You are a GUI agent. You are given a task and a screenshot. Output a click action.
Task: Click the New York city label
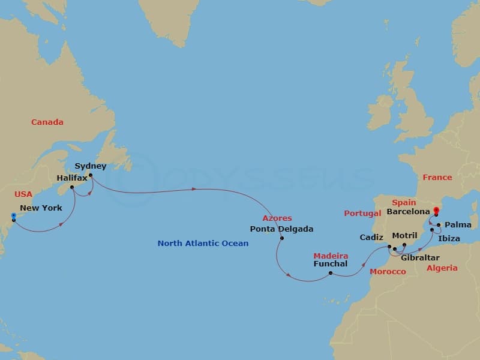41,208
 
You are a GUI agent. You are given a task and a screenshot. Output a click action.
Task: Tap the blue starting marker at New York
13,215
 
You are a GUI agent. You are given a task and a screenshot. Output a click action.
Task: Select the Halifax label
72,178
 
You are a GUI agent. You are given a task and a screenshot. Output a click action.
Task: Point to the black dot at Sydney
90,176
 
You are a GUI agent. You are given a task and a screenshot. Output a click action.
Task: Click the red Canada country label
47,122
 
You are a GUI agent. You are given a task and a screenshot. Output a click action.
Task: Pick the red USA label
23,195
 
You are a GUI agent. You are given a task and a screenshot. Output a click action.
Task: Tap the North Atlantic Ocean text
203,244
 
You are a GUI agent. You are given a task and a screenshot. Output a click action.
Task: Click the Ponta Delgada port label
281,229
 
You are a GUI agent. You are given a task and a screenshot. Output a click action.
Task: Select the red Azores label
277,218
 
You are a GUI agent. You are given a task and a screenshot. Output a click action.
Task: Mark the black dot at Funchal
331,274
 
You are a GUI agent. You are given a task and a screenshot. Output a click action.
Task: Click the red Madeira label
331,256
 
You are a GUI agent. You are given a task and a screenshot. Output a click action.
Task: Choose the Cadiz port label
371,238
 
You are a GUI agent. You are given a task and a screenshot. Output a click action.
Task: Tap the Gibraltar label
419,257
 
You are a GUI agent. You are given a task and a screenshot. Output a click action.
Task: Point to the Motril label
404,236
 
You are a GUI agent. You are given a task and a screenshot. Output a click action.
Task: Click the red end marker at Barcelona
436,210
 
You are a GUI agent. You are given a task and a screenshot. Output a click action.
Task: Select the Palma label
460,226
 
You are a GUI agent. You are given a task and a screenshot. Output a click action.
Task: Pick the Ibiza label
449,239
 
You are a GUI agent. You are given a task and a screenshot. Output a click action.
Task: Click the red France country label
437,178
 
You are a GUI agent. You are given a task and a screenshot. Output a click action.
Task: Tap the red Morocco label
387,272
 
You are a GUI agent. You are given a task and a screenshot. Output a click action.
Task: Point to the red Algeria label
442,268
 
